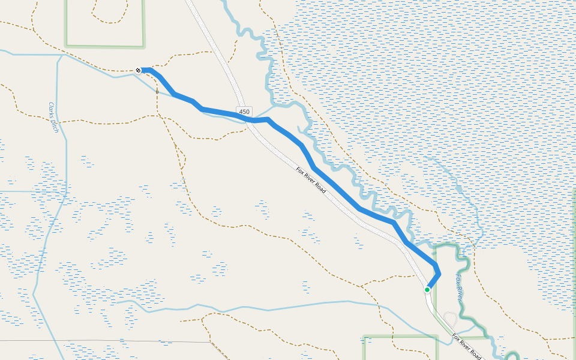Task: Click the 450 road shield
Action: [244, 112]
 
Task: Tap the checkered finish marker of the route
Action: [139, 71]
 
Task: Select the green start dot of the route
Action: [427, 290]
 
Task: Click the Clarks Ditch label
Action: [53, 117]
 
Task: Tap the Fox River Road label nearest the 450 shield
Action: [311, 179]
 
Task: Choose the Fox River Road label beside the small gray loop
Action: [467, 346]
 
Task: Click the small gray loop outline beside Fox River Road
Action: [450, 319]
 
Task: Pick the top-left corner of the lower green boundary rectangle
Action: [365, 337]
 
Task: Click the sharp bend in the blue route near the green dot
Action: [440, 274]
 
